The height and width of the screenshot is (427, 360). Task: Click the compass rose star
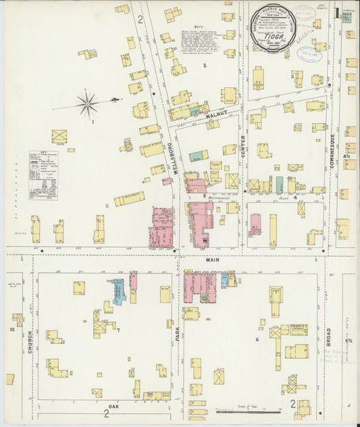(x=87, y=104)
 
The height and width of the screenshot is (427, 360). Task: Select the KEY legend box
(x=43, y=175)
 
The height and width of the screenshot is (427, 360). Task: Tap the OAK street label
(x=113, y=406)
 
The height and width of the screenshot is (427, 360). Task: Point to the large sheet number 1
(x=337, y=13)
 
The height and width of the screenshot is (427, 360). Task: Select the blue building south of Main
(x=118, y=291)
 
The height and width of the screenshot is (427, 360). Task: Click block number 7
(x=118, y=330)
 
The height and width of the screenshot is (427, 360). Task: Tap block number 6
(x=257, y=339)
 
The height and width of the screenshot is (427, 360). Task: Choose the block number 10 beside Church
(x=11, y=330)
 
